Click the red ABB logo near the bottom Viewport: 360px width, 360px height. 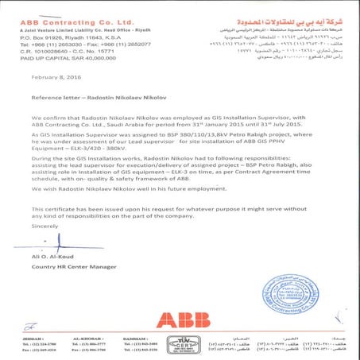(180, 319)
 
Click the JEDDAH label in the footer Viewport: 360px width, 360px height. (15, 338)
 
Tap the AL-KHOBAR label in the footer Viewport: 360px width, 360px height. (75, 338)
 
